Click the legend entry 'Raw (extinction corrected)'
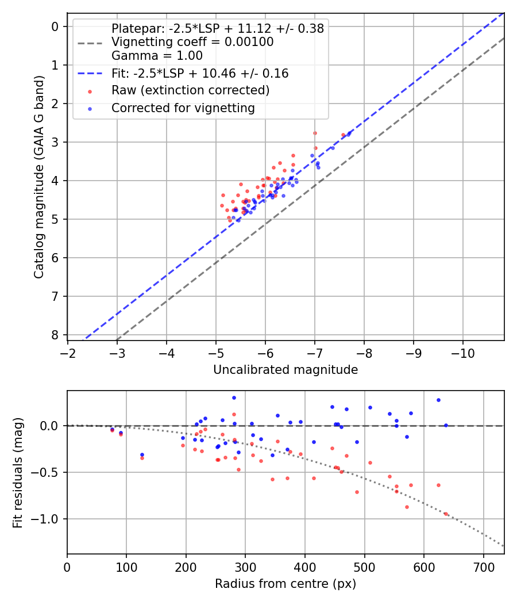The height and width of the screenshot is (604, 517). [190, 90]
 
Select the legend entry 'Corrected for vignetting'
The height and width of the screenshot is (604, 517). [183, 108]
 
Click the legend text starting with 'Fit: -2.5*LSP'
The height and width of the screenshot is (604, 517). [199, 74]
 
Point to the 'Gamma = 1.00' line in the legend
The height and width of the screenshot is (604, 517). [157, 56]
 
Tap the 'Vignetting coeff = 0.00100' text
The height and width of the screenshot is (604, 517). [192, 42]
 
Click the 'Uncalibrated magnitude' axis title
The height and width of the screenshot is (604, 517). [285, 370]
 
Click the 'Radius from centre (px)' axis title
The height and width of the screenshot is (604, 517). [285, 584]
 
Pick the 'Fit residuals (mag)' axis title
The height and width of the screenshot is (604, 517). [18, 473]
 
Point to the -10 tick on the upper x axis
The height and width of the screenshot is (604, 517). [463, 352]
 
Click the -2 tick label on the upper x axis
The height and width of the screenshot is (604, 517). [68, 352]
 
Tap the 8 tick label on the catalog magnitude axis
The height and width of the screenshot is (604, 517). [56, 335]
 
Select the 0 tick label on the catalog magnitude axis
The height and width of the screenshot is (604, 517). [56, 26]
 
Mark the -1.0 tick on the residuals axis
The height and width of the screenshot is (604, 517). [51, 519]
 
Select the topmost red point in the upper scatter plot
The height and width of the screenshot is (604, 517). [315, 133]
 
